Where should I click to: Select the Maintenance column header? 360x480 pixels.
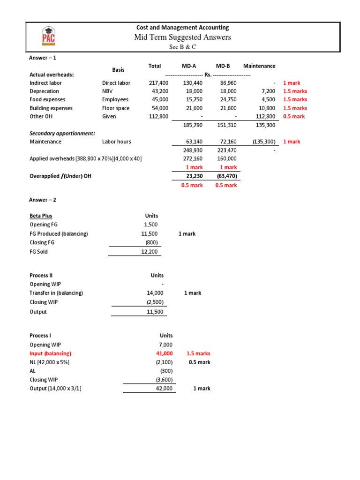(x=259, y=66)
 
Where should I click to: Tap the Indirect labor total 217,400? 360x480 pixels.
(x=158, y=83)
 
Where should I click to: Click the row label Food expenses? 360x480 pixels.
(x=47, y=100)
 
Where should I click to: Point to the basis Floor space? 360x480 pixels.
(x=116, y=108)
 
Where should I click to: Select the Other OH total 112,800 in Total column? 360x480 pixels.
(x=158, y=117)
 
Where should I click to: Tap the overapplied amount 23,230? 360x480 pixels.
(x=194, y=176)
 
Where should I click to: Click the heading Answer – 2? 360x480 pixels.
(x=43, y=200)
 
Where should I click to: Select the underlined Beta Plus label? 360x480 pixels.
(x=41, y=216)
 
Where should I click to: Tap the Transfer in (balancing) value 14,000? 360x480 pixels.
(x=154, y=293)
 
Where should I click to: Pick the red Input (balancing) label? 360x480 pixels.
(x=51, y=353)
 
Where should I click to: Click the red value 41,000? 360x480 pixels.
(x=164, y=353)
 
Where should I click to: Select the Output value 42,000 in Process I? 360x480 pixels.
(x=164, y=389)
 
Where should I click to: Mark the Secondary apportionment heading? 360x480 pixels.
(x=62, y=133)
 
